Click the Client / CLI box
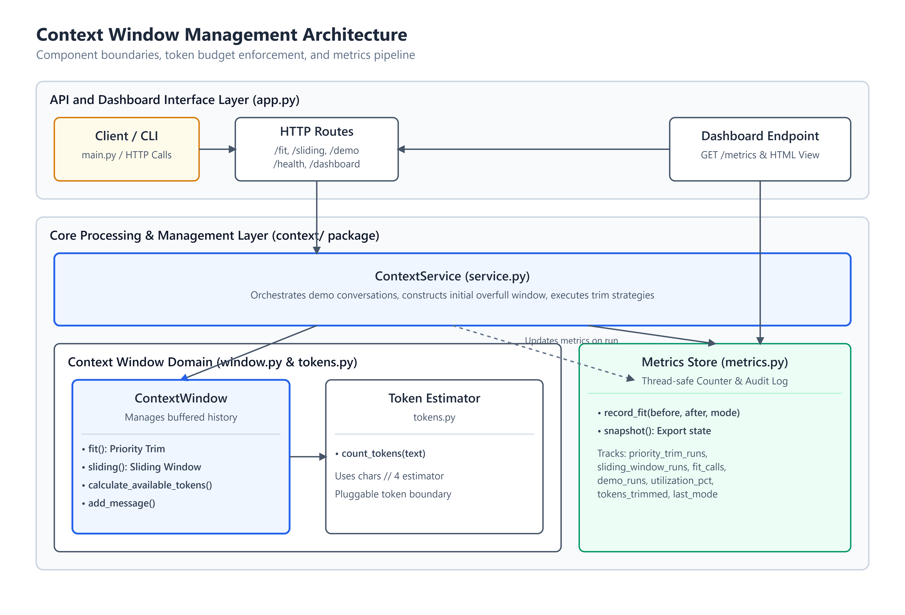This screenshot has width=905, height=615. [127, 149]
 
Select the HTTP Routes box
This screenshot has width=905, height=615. [317, 149]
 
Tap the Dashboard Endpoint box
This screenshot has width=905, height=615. [760, 149]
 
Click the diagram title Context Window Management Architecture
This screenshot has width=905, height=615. [222, 35]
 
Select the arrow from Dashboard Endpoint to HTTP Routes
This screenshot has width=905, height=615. [534, 149]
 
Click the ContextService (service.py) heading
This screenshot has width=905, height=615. [452, 276]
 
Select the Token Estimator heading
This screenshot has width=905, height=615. [434, 398]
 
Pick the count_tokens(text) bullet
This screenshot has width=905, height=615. [380, 453]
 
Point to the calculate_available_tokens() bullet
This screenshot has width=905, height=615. [147, 485]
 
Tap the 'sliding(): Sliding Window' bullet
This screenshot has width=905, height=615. [141, 467]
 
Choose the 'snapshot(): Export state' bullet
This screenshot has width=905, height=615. [654, 431]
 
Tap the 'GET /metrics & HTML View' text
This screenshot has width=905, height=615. [760, 155]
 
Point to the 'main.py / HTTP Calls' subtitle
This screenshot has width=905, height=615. [127, 155]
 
